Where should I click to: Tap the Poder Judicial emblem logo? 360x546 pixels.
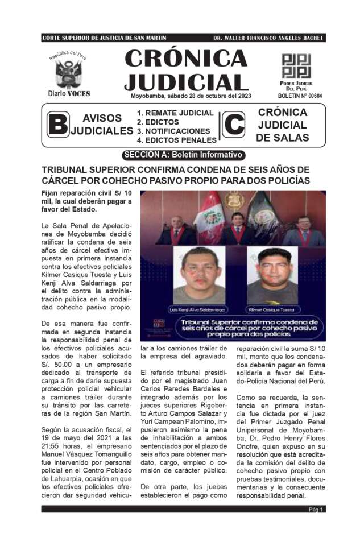pyautogui.click(x=296, y=66)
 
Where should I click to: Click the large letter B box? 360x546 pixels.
pyautogui.click(x=57, y=125)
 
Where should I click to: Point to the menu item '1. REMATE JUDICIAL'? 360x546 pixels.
pyautogui.click(x=175, y=113)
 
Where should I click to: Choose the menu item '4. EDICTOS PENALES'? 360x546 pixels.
pyautogui.click(x=177, y=140)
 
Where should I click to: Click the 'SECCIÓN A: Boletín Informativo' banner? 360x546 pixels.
pyautogui.click(x=184, y=155)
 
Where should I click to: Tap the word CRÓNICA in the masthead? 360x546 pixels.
pyautogui.click(x=185, y=57)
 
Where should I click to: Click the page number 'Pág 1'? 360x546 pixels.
pyautogui.click(x=316, y=510)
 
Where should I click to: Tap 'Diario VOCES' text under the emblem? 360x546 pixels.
pyautogui.click(x=69, y=93)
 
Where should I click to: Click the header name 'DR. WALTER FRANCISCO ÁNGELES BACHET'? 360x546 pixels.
pyautogui.click(x=268, y=38)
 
